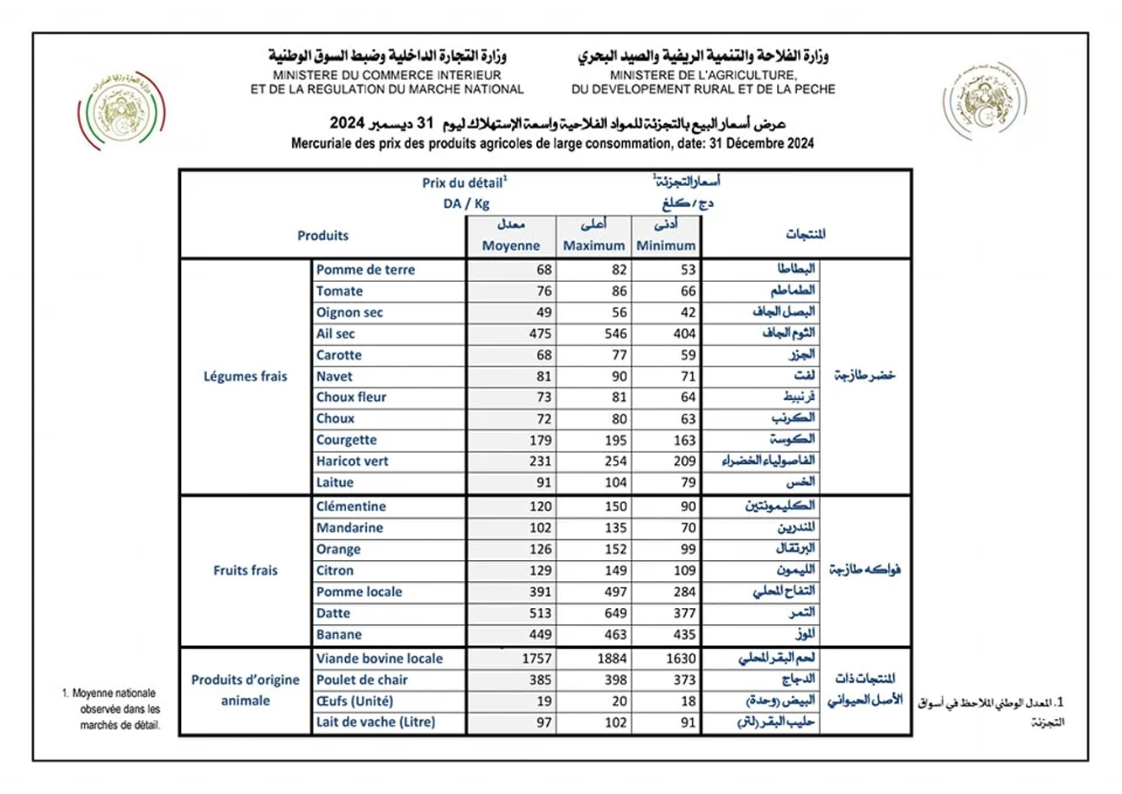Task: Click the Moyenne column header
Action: tap(511, 246)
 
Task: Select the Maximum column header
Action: tap(593, 246)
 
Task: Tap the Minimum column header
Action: tap(666, 246)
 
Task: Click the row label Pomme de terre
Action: tap(365, 269)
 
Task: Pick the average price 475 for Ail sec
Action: tap(540, 333)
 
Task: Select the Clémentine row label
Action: tap(351, 506)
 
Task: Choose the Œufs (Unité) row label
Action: tap(354, 701)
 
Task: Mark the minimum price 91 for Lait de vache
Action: tap(689, 722)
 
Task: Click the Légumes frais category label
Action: tap(245, 376)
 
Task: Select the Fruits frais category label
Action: tap(245, 570)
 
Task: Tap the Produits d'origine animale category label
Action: tap(245, 690)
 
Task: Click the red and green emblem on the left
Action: tap(121, 110)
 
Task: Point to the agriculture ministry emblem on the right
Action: tap(984, 101)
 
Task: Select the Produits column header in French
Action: tap(322, 236)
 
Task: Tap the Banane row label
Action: tap(339, 635)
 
